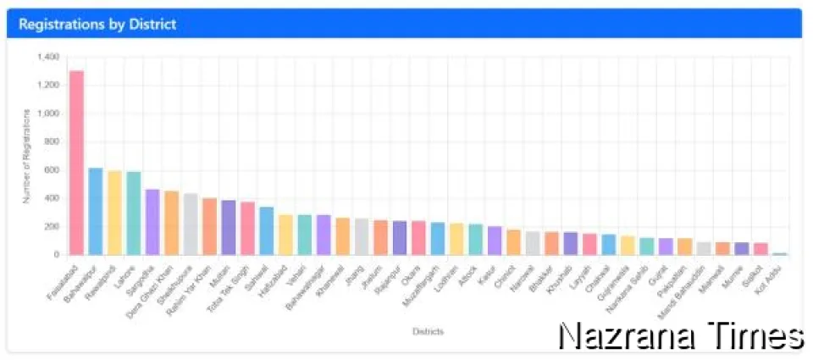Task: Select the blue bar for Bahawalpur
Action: [96, 212]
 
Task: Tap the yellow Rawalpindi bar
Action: [114, 213]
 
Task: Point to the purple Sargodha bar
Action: [152, 222]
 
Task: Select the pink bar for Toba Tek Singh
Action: [247, 228]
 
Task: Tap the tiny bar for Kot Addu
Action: [779, 253]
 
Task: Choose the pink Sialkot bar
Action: [760, 249]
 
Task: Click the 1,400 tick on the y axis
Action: [48, 57]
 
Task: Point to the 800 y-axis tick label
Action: [52, 141]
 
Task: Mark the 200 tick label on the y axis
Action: [52, 226]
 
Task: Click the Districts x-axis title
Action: [428, 331]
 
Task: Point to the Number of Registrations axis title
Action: [27, 156]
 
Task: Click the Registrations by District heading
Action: [97, 25]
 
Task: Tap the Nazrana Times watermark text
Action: [680, 336]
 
